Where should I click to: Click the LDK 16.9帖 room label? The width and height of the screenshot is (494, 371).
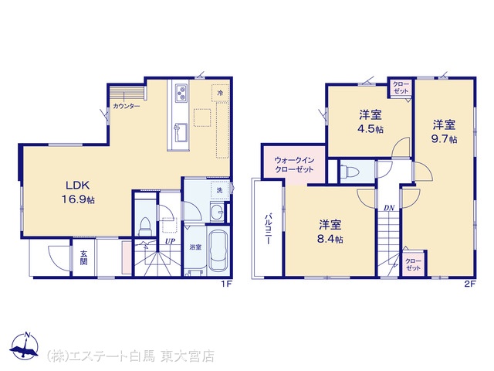(x=78, y=192)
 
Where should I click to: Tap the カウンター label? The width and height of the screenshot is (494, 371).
(x=126, y=107)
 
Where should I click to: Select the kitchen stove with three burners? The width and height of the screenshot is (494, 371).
(x=181, y=93)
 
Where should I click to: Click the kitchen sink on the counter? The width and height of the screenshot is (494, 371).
(x=181, y=132)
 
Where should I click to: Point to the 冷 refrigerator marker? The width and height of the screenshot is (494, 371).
(x=220, y=93)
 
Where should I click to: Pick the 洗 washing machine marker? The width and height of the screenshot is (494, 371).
(x=219, y=190)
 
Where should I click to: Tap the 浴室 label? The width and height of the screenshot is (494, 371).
(x=195, y=247)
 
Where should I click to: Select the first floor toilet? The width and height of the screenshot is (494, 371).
(x=145, y=226)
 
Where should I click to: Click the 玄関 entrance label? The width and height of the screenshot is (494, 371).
(x=83, y=257)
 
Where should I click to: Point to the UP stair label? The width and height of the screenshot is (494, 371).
(x=170, y=241)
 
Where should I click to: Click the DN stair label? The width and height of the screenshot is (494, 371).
(x=389, y=208)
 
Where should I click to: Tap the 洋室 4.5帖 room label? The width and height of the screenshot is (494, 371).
(x=370, y=122)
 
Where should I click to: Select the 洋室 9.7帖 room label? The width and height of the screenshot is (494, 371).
(x=444, y=132)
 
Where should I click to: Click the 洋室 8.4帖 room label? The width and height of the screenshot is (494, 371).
(x=330, y=232)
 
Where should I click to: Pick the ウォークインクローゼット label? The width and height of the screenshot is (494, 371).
(x=294, y=165)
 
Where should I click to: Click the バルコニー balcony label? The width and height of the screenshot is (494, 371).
(x=268, y=229)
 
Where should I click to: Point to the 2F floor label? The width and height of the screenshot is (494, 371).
(x=469, y=284)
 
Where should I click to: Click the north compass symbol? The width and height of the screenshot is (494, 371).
(x=25, y=346)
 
